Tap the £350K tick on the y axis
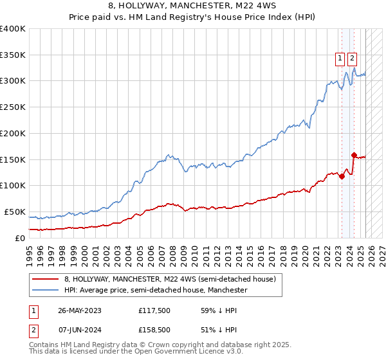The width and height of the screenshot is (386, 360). pyautogui.click(x=13, y=55)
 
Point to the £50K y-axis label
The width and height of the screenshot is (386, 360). pyautogui.click(x=15, y=212)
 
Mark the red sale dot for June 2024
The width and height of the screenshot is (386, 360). pyautogui.click(x=354, y=155)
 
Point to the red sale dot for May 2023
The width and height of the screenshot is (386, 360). pyautogui.click(x=342, y=177)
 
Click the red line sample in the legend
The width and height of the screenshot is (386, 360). pyautogui.click(x=46, y=279)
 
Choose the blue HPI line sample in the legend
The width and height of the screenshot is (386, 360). pyautogui.click(x=46, y=291)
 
